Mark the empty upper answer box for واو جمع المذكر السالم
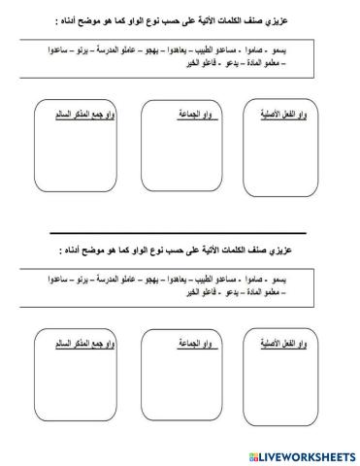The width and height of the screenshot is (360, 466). [69, 155]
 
